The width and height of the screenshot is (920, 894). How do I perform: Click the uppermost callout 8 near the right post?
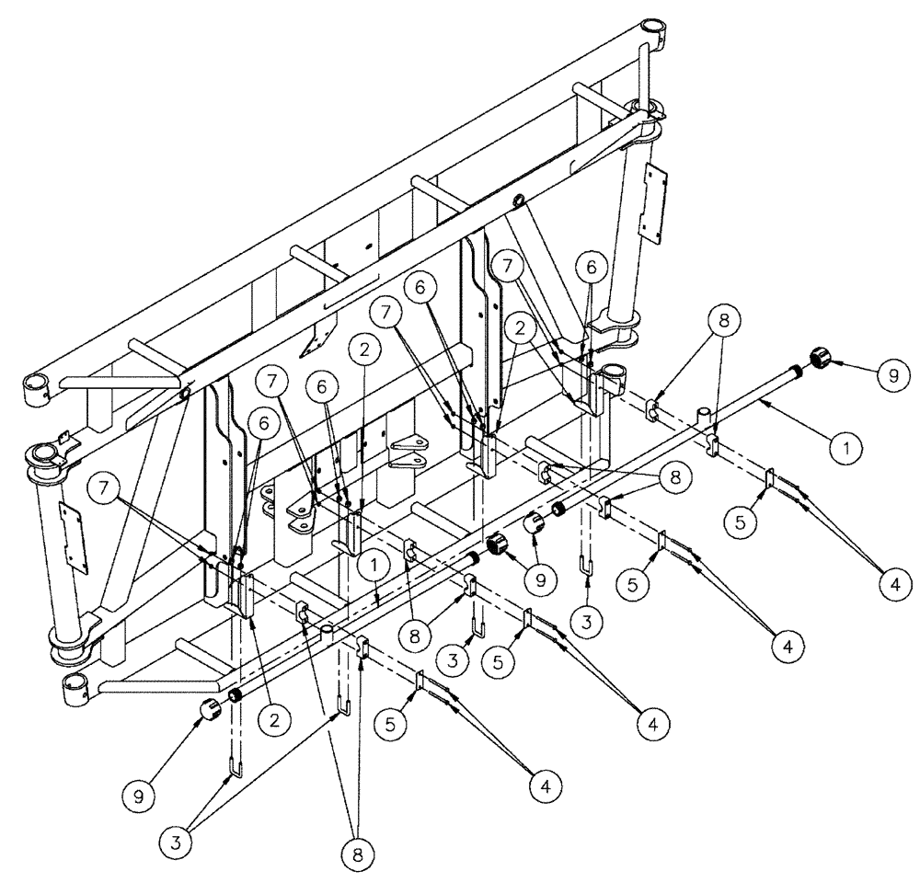(723, 320)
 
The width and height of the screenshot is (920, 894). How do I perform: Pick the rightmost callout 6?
(589, 266)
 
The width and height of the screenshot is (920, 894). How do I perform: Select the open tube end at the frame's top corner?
(654, 28)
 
